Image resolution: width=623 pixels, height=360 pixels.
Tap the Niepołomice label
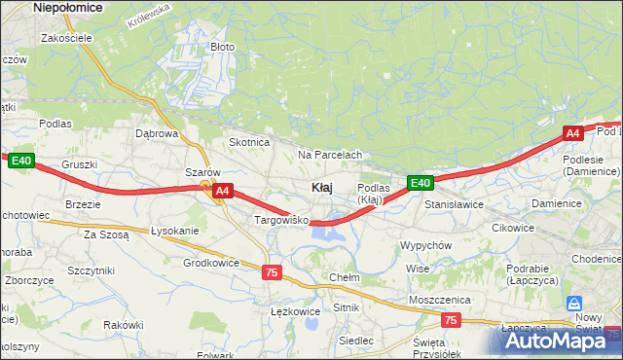pos(68,7)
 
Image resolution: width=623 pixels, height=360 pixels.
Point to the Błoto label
pos(223,46)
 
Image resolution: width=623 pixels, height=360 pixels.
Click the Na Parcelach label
pos(330,155)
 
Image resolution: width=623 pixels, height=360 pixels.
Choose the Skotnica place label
pos(248,142)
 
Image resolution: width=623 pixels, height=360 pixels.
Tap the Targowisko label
pos(281,221)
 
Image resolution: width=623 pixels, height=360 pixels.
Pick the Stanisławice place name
pos(454,205)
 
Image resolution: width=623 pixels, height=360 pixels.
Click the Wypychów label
pos(425,245)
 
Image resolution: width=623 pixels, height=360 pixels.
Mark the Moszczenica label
pos(440,300)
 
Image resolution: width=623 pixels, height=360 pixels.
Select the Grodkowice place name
pos(211,263)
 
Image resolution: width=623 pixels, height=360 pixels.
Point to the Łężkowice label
pos(295,311)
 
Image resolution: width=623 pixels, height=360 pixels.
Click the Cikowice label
pos(513,228)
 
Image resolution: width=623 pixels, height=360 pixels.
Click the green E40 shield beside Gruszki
pos(22,161)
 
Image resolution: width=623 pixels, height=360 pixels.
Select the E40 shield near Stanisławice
pos(420,182)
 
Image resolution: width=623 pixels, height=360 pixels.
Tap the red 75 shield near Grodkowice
pos(272,272)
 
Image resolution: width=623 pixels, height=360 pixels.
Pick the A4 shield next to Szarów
pos(223,192)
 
